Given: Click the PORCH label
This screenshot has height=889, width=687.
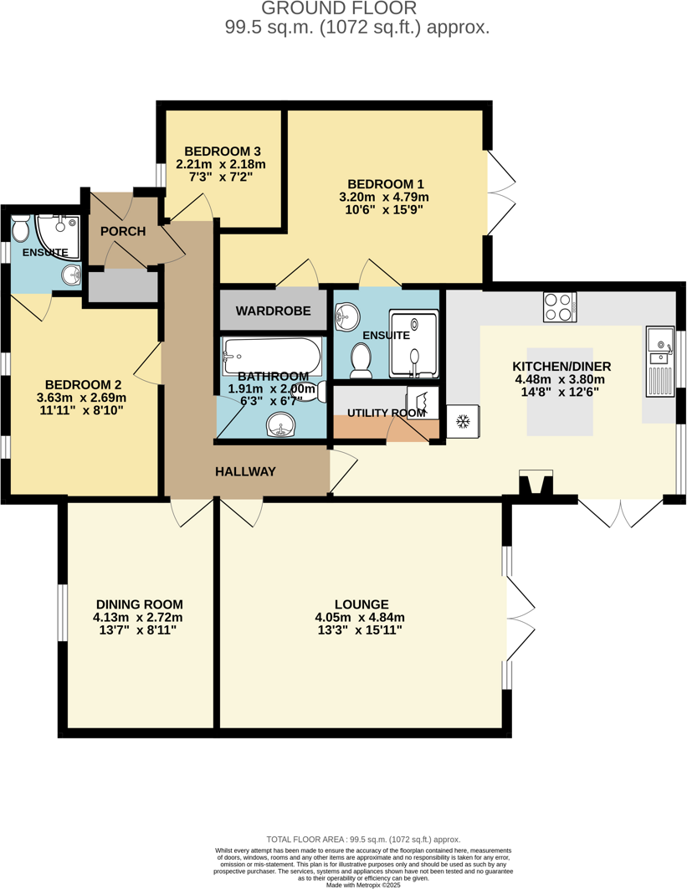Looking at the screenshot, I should pos(123,231).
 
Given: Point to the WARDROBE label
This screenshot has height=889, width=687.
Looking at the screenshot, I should pos(273,311).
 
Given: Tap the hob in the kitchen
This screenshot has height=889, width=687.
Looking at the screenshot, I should pos(560,306).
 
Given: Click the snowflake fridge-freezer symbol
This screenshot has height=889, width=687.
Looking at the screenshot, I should pos(461,422).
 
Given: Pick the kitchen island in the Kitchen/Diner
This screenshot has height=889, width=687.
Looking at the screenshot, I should pos(560,391).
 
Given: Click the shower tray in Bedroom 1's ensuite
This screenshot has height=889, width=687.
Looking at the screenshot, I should pos(414,344).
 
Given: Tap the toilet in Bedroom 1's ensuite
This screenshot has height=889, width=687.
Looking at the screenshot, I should pos(361,360).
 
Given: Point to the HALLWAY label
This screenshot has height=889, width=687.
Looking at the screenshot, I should pos(245,472).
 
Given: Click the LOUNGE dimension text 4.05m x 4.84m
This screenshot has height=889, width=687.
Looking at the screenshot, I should pos(361,618).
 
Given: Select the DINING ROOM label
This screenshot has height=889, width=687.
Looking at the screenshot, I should pos(139,604).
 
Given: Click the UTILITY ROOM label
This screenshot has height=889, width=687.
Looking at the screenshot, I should pos(386,413).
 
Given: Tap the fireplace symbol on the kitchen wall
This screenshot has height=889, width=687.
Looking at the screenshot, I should pos(536,484).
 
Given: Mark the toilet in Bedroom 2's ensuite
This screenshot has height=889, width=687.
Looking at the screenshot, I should pos(20,227).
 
